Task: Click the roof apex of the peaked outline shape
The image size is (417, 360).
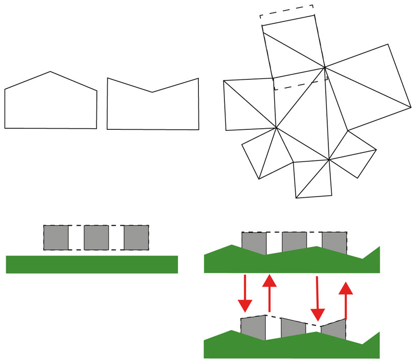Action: tap(50, 72)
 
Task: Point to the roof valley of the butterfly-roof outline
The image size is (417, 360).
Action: tap(152, 92)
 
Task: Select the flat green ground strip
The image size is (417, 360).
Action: tap(92, 264)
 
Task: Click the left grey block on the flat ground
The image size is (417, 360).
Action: tap(56, 237)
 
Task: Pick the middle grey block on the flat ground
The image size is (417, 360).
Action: tap(96, 237)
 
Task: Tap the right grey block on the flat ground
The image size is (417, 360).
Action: tap(136, 237)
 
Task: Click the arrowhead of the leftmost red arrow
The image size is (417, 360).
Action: tap(245, 306)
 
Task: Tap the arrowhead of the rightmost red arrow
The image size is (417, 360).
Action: tap(346, 288)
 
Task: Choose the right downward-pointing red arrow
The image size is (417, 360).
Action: tap(318, 300)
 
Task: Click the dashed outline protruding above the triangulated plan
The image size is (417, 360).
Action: tap(287, 12)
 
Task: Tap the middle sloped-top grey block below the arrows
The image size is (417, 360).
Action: tap(293, 327)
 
